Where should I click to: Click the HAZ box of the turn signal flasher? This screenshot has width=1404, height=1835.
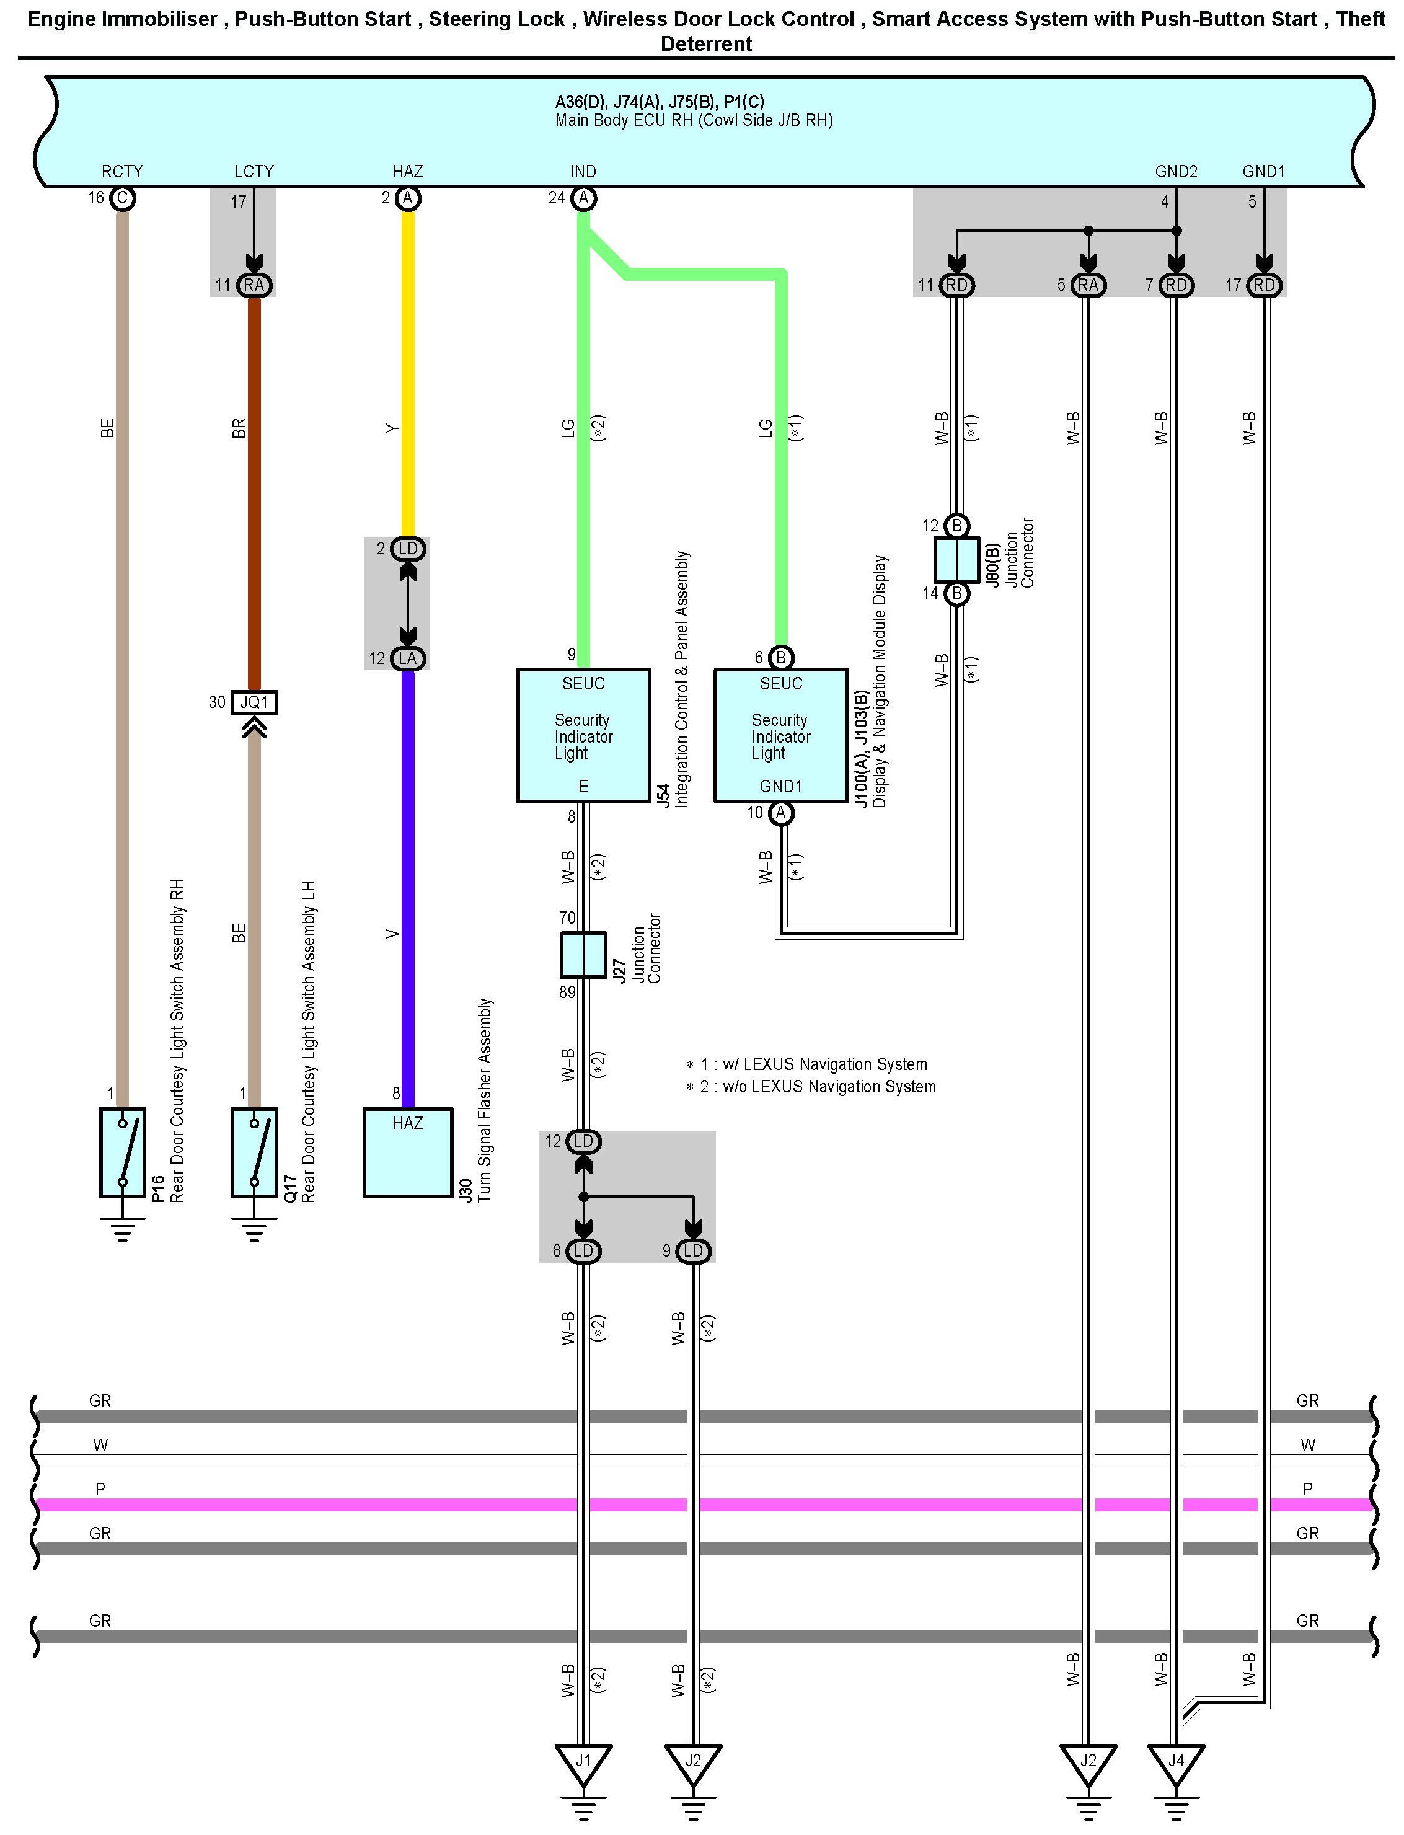408,1152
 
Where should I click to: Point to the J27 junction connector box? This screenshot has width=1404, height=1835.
583,954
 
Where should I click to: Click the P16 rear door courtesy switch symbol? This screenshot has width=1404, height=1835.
123,1152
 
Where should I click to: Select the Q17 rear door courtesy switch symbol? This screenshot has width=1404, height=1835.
254,1152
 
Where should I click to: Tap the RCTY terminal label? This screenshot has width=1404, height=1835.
122,171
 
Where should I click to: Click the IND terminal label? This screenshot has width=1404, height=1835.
583,171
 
